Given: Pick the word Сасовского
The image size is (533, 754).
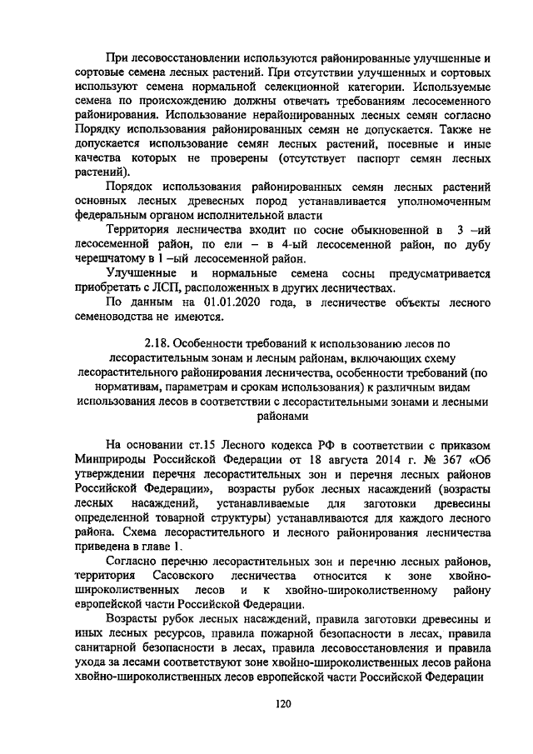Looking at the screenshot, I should click(x=186, y=576).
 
